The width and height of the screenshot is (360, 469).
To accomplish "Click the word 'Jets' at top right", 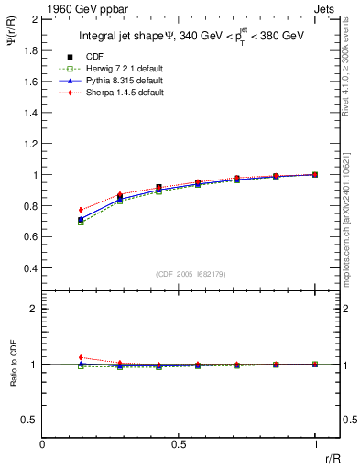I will [x=326, y=8].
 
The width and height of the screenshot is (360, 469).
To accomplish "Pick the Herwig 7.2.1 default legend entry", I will [x=115, y=70].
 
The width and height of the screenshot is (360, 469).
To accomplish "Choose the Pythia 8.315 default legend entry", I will [x=115, y=81].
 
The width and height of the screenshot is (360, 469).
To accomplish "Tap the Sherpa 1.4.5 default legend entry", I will [x=115, y=93].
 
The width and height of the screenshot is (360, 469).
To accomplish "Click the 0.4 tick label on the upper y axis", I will [x=30, y=268].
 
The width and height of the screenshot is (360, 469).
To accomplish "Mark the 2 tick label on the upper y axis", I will [x=34, y=18].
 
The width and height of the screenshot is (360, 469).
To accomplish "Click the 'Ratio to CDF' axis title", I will [x=12, y=365].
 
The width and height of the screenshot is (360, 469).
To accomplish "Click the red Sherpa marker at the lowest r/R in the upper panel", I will [x=81, y=210].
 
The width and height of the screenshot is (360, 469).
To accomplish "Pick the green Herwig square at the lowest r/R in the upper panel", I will [x=81, y=222].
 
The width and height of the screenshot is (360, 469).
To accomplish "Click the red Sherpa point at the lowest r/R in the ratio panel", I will [x=81, y=357].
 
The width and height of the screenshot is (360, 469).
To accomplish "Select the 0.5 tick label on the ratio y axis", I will [x=30, y=420].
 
